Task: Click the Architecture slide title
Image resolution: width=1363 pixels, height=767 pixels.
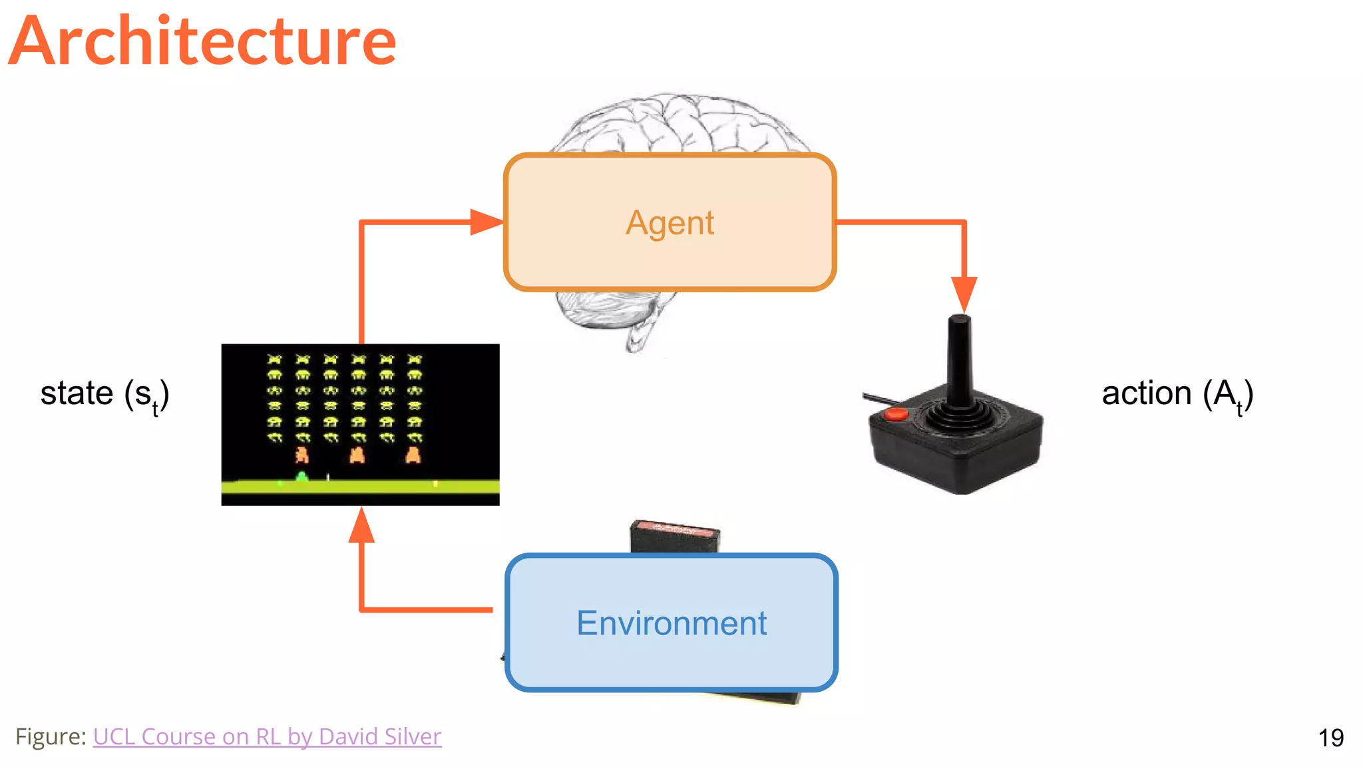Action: (x=203, y=41)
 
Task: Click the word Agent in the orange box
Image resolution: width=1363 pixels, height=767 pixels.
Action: (x=670, y=223)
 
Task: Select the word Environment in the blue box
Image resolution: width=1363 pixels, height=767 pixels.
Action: (x=671, y=624)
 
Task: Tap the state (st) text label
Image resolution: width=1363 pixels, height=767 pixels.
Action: (x=105, y=393)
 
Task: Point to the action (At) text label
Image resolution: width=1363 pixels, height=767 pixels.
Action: (x=1177, y=393)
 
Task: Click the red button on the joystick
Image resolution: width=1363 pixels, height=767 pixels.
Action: (x=896, y=414)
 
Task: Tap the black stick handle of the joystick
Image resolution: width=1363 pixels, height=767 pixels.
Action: (x=959, y=360)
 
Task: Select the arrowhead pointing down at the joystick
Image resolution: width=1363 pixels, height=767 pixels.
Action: (x=964, y=294)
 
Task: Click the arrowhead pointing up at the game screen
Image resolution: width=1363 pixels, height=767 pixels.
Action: (x=361, y=526)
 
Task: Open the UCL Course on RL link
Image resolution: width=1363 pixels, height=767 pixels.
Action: (x=267, y=736)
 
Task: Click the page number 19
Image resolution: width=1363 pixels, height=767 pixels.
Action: (x=1330, y=738)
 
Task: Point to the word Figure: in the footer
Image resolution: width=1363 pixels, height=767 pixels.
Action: (x=51, y=736)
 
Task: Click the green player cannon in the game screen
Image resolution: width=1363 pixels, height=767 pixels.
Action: (x=301, y=476)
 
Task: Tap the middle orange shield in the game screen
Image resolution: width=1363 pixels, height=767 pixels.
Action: (x=357, y=455)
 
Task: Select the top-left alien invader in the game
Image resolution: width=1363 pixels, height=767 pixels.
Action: (x=274, y=360)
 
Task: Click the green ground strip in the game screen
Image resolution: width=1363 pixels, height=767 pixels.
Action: (x=360, y=487)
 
